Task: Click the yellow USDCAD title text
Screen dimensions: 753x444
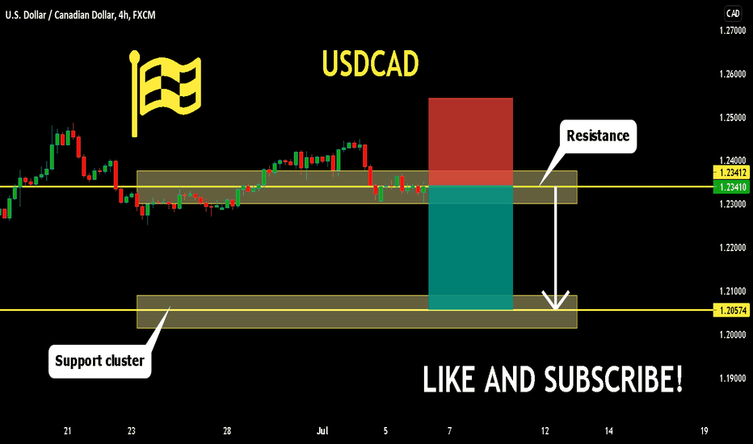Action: pyautogui.click(x=370, y=63)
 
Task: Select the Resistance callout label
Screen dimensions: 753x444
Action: pyautogui.click(x=598, y=136)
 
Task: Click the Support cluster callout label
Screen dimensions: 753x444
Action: pyautogui.click(x=100, y=361)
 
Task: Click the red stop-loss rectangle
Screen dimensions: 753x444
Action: pyautogui.click(x=470, y=141)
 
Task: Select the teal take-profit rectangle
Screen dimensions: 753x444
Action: pyautogui.click(x=470, y=248)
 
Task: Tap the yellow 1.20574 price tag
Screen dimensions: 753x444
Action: pyautogui.click(x=732, y=311)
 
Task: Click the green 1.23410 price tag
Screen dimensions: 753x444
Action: pyautogui.click(x=732, y=187)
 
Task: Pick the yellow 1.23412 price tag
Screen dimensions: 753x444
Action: pyautogui.click(x=732, y=172)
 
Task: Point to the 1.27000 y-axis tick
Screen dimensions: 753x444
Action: pyautogui.click(x=733, y=31)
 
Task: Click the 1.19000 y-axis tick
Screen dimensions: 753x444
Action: pyautogui.click(x=733, y=379)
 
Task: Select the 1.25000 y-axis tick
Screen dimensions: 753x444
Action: pyautogui.click(x=733, y=118)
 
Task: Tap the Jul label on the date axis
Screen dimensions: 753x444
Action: pyautogui.click(x=322, y=431)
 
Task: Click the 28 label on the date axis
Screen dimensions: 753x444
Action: pyautogui.click(x=227, y=431)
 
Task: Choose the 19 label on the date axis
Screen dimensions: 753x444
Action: pyautogui.click(x=704, y=431)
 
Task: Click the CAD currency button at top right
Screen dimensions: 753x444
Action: pyautogui.click(x=733, y=14)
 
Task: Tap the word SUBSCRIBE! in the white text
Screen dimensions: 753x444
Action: pyautogui.click(x=612, y=379)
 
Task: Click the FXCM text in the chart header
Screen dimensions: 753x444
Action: pyautogui.click(x=144, y=15)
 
